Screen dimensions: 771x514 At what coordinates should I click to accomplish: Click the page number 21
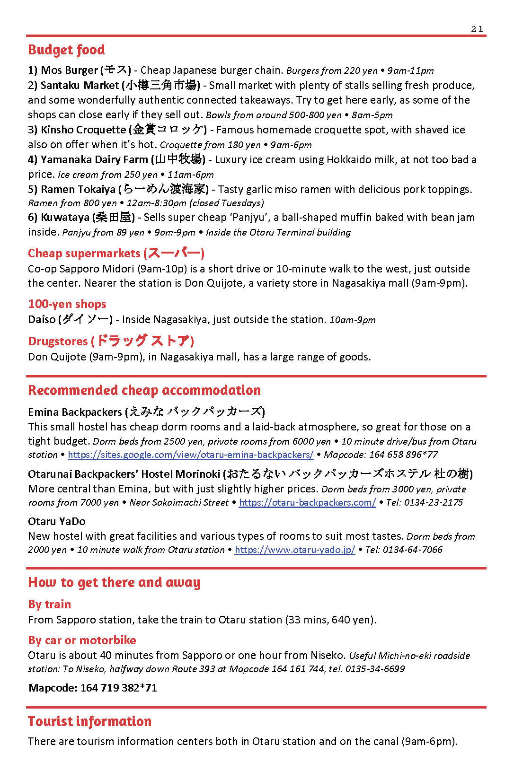[477, 29]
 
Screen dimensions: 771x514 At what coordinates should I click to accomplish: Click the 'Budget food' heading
[66, 50]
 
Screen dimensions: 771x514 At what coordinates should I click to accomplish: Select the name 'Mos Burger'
[69, 70]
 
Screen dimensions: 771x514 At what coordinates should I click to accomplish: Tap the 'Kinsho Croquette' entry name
[83, 130]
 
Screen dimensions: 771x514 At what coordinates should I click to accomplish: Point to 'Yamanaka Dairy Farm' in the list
[94, 160]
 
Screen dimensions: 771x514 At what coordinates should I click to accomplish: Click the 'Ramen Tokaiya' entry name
[78, 190]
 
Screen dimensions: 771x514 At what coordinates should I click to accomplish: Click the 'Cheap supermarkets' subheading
[84, 254]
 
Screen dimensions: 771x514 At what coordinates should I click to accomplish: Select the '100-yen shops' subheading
[67, 304]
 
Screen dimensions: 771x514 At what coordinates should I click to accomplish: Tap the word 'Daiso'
[42, 320]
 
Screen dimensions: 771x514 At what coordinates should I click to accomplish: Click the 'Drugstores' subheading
[58, 342]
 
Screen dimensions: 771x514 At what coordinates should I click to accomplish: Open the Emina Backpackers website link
[190, 455]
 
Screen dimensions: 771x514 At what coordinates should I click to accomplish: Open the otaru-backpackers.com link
[307, 503]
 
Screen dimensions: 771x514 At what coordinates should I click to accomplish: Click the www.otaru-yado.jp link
[294, 550]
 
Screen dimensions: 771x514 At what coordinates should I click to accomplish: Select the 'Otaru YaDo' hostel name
[57, 522]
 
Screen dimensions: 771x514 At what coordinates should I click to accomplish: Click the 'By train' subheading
[49, 605]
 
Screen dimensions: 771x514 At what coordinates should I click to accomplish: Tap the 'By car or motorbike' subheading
[82, 640]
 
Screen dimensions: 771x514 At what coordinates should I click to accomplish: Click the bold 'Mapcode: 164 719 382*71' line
[93, 688]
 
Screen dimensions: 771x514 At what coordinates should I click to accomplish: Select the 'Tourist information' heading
[89, 721]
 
